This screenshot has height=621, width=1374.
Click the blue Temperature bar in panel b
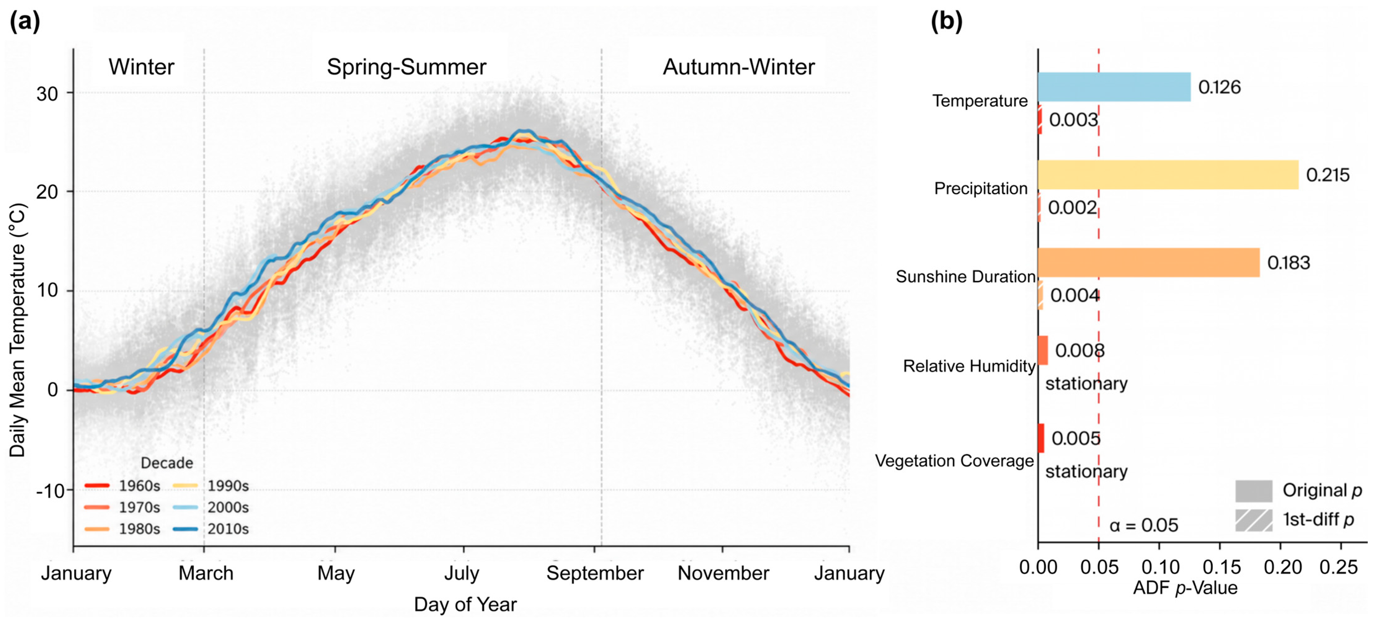click(1114, 87)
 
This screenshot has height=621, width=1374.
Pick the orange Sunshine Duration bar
click(1149, 262)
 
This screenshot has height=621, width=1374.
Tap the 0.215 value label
click(1327, 175)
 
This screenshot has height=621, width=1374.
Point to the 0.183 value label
click(1289, 262)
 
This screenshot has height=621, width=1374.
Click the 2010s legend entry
click(211, 529)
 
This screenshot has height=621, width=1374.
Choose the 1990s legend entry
click(211, 485)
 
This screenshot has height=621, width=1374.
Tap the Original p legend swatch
click(1253, 491)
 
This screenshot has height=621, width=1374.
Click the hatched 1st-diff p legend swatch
click(1253, 520)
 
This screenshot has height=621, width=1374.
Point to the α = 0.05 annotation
click(1144, 525)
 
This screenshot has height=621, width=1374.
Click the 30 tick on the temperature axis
click(47, 94)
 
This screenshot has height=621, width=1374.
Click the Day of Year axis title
click(465, 605)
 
